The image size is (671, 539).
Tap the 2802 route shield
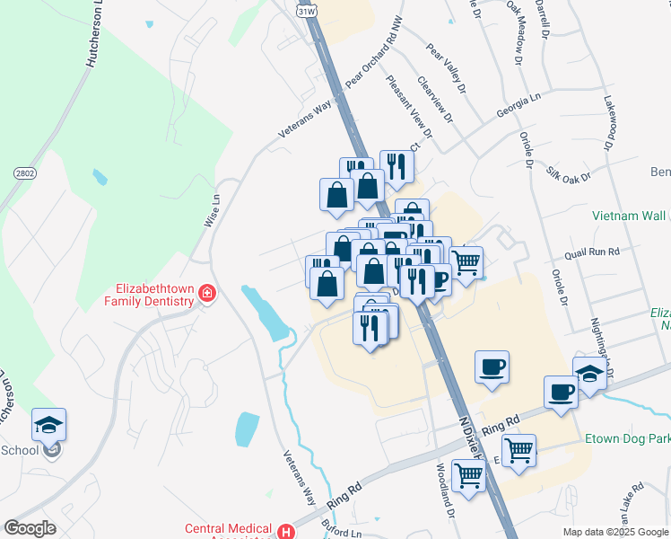pyautogui.click(x=24, y=172)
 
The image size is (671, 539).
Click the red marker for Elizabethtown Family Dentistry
pyautogui.click(x=208, y=294)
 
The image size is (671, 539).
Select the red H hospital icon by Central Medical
pyautogui.click(x=286, y=531)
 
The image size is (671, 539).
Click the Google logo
pyautogui.click(x=30, y=528)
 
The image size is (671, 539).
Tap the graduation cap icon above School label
pyautogui.click(x=49, y=423)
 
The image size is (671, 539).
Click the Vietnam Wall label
pyautogui.click(x=629, y=216)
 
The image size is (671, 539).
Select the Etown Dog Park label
pyautogui.click(x=626, y=439)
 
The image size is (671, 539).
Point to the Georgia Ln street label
pyautogui.click(x=521, y=111)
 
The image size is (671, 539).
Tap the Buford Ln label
pyautogui.click(x=336, y=532)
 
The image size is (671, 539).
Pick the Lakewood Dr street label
pyautogui.click(x=610, y=122)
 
